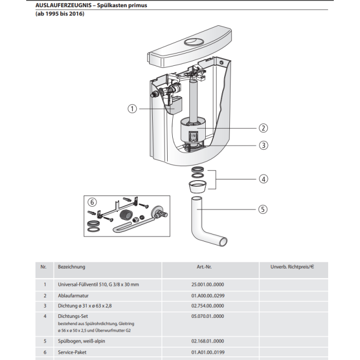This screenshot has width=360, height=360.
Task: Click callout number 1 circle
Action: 132,109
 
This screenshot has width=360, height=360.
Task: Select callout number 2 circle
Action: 263,128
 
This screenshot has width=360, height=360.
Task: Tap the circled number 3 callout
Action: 263,145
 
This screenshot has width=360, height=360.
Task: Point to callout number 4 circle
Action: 263,179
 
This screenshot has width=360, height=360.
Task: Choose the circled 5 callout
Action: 263,209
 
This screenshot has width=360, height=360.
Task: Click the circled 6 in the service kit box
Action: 92,202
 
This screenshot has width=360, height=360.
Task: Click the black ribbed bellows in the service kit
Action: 126,215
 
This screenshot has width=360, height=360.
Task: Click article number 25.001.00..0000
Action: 208,284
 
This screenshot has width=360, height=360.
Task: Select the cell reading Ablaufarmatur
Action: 73,296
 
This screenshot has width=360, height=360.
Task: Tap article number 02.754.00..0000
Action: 208,306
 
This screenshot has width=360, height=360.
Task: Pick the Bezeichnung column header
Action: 71,267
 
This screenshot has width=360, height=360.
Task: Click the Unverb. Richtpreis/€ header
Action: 292,267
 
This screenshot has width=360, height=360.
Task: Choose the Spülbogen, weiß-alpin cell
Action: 81,341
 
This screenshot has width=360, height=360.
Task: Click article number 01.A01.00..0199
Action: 208,352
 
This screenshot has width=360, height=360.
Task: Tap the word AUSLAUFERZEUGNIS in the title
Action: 63,5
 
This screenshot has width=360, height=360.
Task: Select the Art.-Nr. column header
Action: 204,267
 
